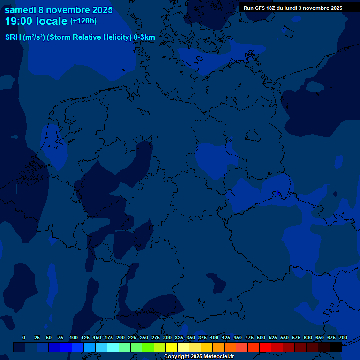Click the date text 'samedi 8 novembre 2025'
59,10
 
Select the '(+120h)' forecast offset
83,21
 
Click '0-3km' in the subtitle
144,37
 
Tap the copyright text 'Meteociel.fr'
216,357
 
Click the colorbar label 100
74,337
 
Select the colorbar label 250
144,337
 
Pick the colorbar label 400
214,337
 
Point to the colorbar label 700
343,337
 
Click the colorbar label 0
24,337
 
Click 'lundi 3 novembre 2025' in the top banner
314,8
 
